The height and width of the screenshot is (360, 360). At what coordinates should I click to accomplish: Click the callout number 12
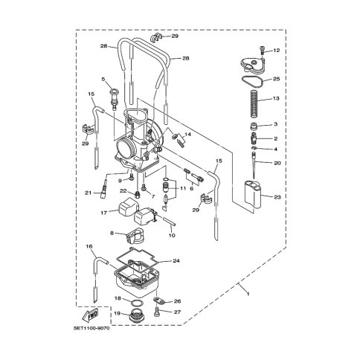(x=276, y=51)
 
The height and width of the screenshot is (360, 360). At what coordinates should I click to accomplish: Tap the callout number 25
(x=276, y=78)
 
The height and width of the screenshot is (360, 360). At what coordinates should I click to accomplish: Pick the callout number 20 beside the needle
(x=276, y=163)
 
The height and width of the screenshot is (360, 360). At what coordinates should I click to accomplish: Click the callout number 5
(x=103, y=79)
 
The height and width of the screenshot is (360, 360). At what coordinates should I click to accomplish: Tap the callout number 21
(x=87, y=193)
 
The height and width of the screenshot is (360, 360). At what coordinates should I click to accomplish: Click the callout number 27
(x=177, y=312)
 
